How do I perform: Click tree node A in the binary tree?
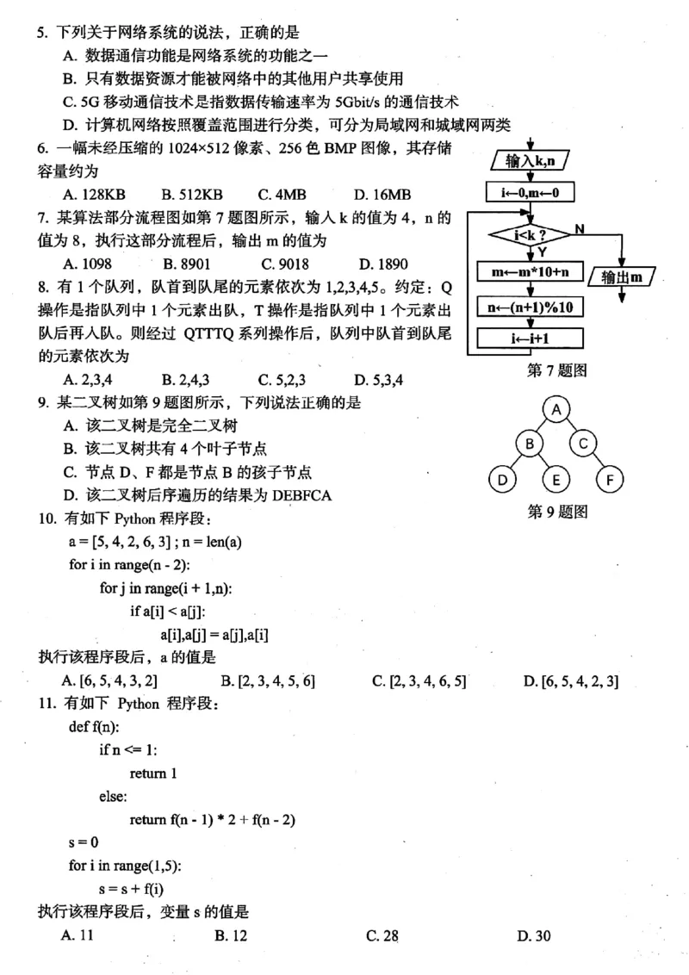[x=557, y=409]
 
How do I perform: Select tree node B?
[x=530, y=444]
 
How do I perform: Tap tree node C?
[x=583, y=444]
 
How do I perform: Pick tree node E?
[x=556, y=478]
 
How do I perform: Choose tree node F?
[x=610, y=478]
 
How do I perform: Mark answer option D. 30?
[x=534, y=936]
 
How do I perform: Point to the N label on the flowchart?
[x=579, y=228]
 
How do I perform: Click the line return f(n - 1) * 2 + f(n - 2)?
[x=213, y=820]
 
